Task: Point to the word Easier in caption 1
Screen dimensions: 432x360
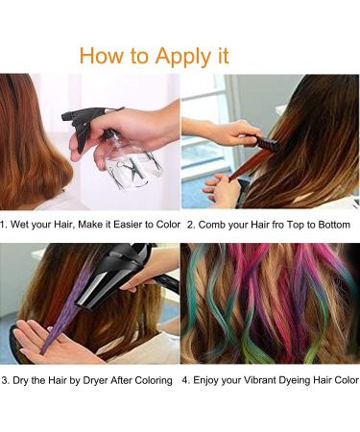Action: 113,224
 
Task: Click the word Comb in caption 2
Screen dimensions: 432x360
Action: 213,224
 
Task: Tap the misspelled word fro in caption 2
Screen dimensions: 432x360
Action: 276,224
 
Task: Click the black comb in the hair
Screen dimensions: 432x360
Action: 265,143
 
